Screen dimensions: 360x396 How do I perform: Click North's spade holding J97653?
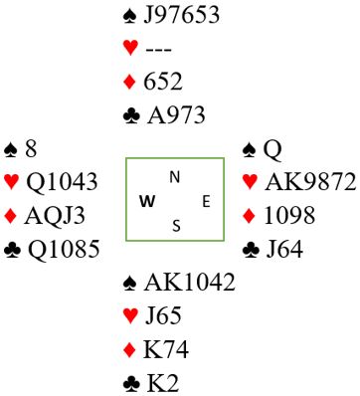click(x=181, y=15)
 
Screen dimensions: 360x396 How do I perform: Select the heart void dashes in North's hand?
click(x=158, y=50)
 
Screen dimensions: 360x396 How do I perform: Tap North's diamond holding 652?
click(x=163, y=82)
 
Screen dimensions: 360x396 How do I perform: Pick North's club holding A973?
click(x=176, y=115)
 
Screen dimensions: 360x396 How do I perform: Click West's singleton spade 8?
click(x=31, y=149)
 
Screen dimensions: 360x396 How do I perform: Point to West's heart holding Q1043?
click(x=62, y=182)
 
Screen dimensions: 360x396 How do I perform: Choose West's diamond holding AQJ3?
click(x=55, y=216)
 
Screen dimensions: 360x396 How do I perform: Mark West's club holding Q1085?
click(x=64, y=249)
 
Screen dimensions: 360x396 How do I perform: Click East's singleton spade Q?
click(x=272, y=150)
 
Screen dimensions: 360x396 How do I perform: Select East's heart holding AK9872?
click(x=310, y=182)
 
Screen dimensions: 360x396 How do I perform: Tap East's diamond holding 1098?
click(x=289, y=215)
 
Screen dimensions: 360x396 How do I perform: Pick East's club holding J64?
click(x=284, y=249)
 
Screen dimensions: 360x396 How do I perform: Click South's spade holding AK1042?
click(x=189, y=283)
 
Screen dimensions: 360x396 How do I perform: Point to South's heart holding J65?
click(x=163, y=315)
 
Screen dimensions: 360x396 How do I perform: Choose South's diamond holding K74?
click(x=166, y=349)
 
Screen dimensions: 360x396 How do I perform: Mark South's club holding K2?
click(x=163, y=383)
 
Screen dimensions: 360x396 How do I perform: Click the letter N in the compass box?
click(x=175, y=177)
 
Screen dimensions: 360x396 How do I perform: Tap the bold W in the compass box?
click(x=147, y=201)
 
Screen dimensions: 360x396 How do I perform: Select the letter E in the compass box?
click(x=206, y=201)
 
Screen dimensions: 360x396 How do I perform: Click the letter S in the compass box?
click(x=176, y=226)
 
